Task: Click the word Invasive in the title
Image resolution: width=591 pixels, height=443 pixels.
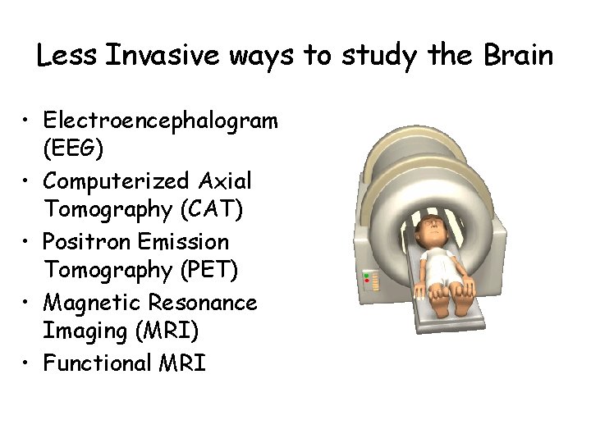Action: (x=163, y=56)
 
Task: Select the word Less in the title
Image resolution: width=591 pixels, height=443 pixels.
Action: (x=67, y=56)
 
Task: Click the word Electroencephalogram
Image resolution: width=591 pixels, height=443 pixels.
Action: (x=161, y=121)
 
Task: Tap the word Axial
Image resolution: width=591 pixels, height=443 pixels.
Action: (x=222, y=180)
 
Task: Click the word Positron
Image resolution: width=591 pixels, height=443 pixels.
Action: (x=84, y=241)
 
